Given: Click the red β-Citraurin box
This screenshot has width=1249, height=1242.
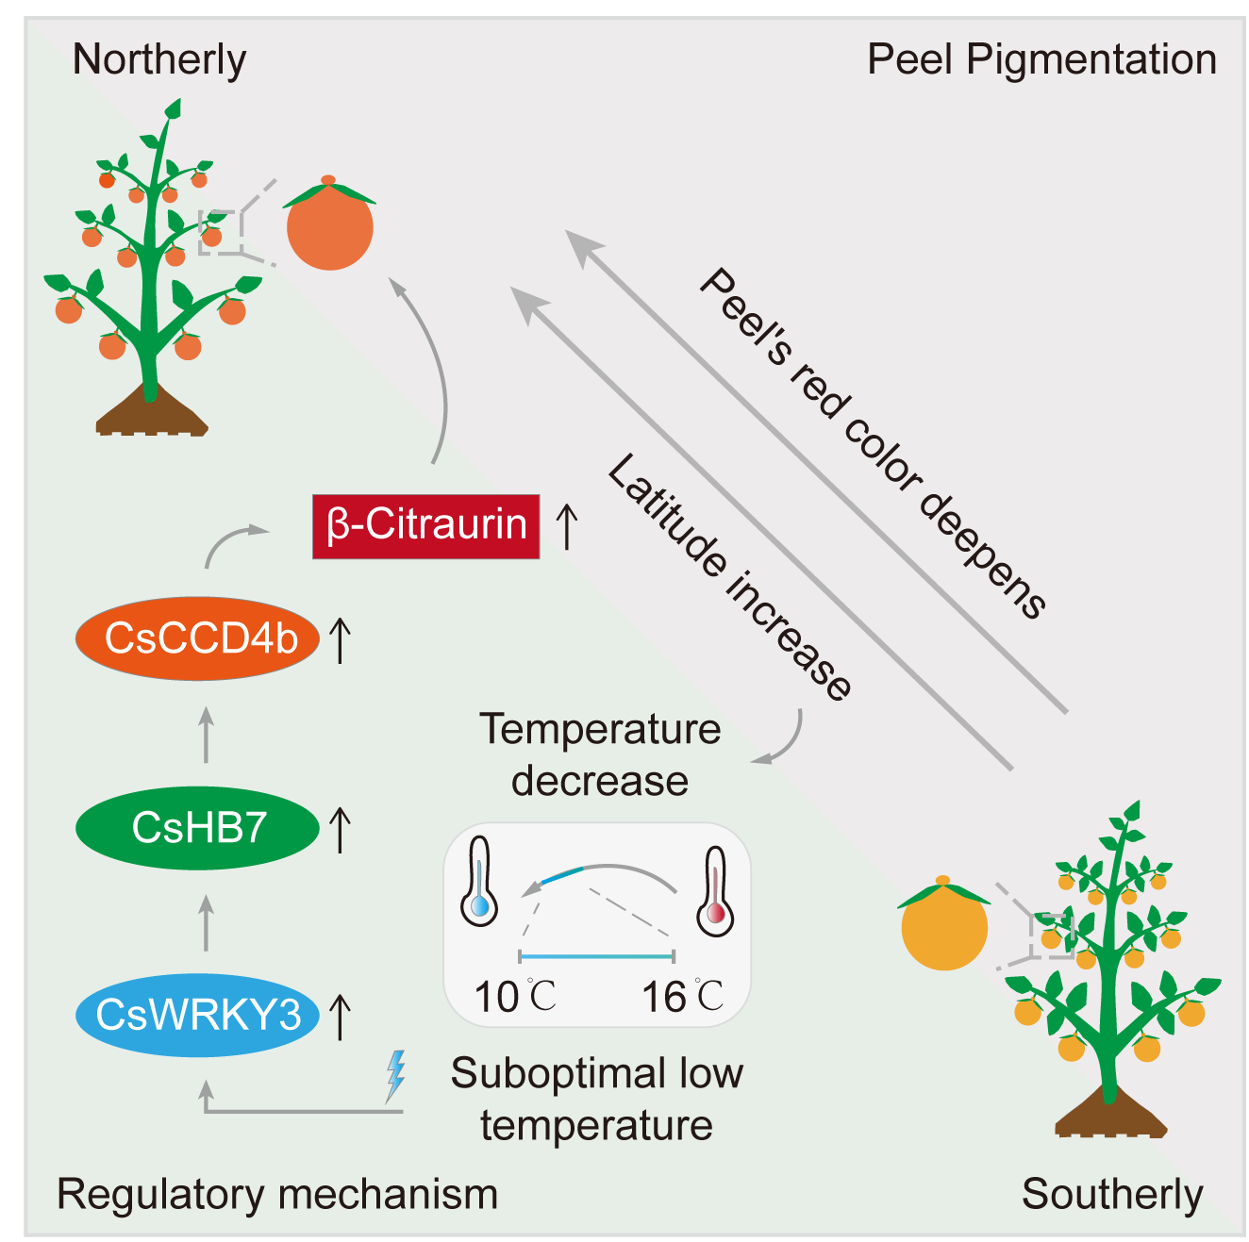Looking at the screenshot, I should (425, 526).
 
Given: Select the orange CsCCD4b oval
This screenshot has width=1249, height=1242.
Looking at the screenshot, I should (197, 638).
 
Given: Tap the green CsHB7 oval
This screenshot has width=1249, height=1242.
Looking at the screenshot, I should (197, 828).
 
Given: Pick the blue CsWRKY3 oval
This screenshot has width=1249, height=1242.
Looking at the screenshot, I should (197, 1015).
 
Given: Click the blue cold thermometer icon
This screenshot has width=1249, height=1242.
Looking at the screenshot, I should (479, 881).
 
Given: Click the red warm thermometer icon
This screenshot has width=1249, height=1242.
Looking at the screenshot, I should (715, 891).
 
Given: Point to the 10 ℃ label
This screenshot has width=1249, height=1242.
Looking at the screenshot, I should (514, 997).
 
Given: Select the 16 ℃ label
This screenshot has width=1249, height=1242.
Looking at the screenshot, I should (682, 997).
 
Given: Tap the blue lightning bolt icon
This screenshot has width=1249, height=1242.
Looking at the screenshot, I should (396, 1075).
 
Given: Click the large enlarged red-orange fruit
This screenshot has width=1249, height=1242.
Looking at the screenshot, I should (330, 227).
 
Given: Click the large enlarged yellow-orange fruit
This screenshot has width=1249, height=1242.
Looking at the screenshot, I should (944, 927).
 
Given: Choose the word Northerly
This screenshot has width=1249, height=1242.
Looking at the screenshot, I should (159, 59).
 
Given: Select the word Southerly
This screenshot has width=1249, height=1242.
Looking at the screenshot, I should (1112, 1194).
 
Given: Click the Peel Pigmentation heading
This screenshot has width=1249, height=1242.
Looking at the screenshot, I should (1041, 59).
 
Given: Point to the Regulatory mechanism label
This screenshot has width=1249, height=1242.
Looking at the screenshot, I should (277, 1194).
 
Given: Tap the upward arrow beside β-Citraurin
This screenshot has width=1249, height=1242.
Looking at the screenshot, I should (566, 526).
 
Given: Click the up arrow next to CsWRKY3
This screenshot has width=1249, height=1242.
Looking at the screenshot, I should (340, 1017).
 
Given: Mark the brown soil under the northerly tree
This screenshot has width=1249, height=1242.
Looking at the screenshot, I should (151, 412).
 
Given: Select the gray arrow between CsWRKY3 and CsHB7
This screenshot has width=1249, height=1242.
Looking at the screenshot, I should (207, 922).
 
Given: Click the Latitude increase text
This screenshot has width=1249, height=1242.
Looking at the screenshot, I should (728, 577).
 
